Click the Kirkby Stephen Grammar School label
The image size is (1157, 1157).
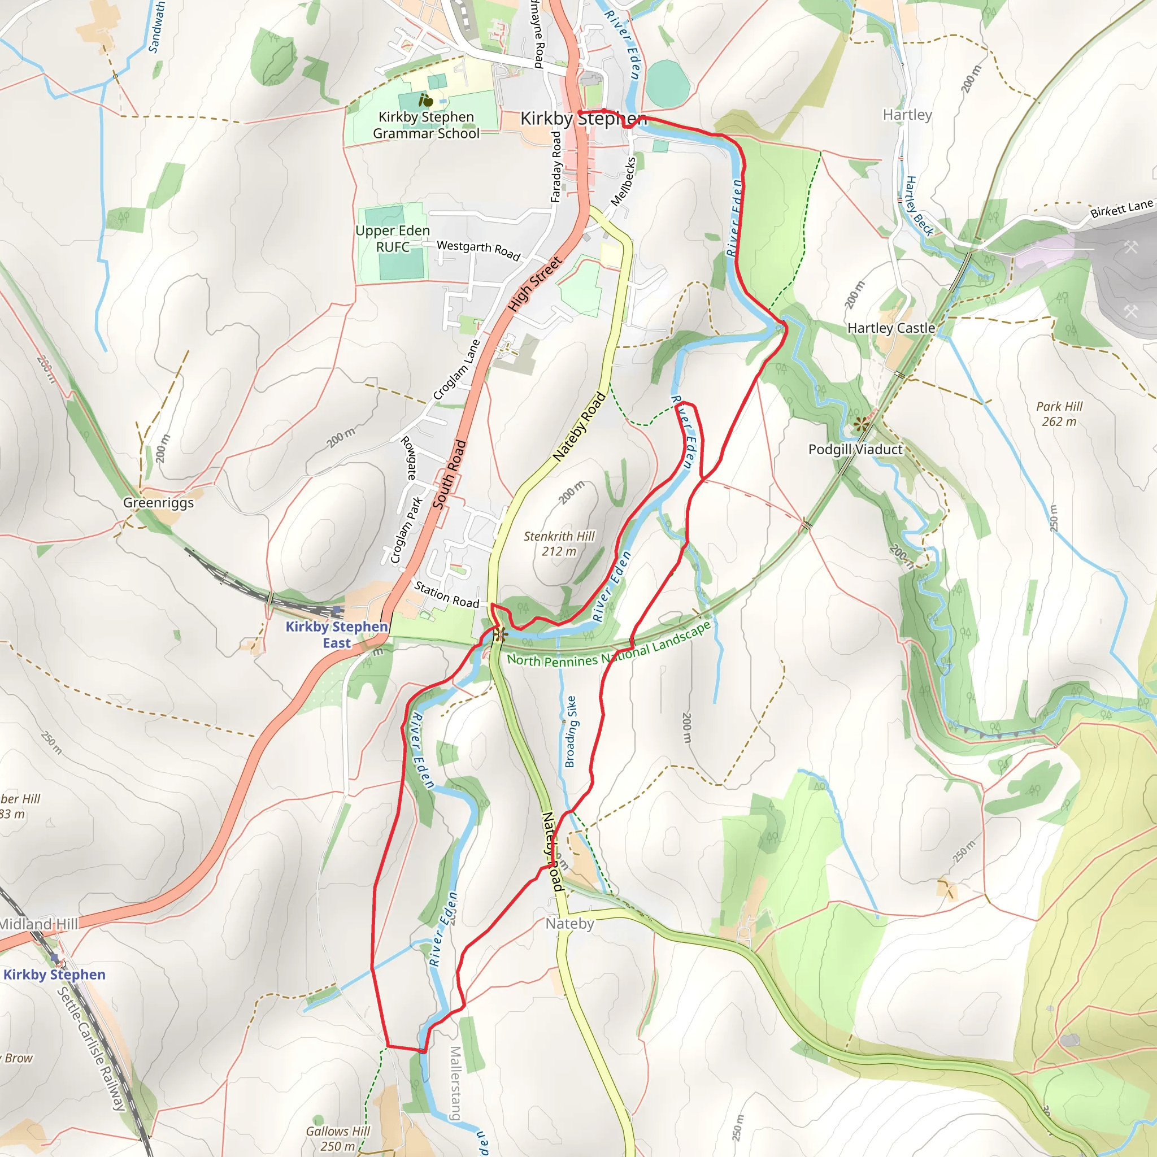click(426, 125)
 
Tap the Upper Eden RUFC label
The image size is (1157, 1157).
click(392, 238)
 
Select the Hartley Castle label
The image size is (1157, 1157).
click(890, 328)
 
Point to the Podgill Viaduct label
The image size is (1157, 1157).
click(855, 449)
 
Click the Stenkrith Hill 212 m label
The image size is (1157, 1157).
click(559, 543)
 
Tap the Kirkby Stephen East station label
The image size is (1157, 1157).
click(337, 634)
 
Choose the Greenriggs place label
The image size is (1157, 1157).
click(158, 502)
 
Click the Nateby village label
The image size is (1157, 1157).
click(569, 924)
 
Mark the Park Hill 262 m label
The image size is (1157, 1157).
click(1059, 413)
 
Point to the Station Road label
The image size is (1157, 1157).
click(447, 594)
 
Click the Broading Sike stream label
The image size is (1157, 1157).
click(571, 731)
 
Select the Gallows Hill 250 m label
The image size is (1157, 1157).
click(337, 1138)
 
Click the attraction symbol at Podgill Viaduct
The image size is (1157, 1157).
click(861, 425)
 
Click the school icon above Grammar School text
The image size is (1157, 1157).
click(426, 101)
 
